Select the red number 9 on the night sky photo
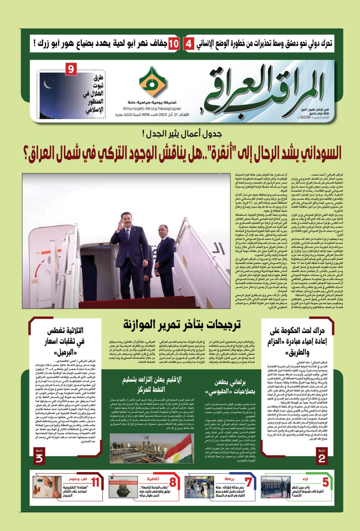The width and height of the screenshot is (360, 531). [71, 68]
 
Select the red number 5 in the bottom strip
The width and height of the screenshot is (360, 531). [326, 482]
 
